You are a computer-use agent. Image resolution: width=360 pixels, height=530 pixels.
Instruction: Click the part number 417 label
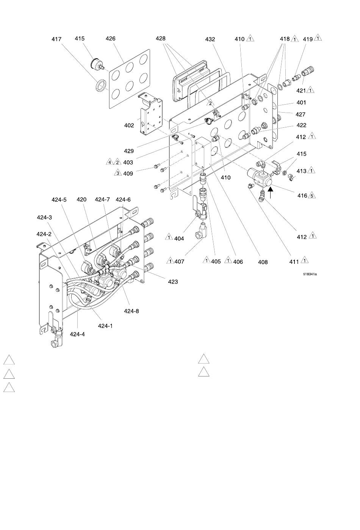(56, 39)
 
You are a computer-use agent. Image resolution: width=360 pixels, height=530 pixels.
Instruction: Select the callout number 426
(110, 39)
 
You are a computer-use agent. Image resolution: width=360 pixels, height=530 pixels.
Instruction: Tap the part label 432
(210, 39)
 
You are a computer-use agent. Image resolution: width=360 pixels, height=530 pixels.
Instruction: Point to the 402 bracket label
(129, 125)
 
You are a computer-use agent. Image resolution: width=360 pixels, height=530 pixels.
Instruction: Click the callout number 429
(129, 151)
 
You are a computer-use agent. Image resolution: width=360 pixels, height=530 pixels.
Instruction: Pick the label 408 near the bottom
(263, 262)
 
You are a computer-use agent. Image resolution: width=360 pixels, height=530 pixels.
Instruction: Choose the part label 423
(173, 282)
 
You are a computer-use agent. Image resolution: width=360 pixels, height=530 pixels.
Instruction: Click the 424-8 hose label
(131, 311)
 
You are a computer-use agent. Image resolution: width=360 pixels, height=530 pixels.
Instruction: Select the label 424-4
(77, 334)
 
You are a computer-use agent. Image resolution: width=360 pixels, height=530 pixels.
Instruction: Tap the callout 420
(81, 199)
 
